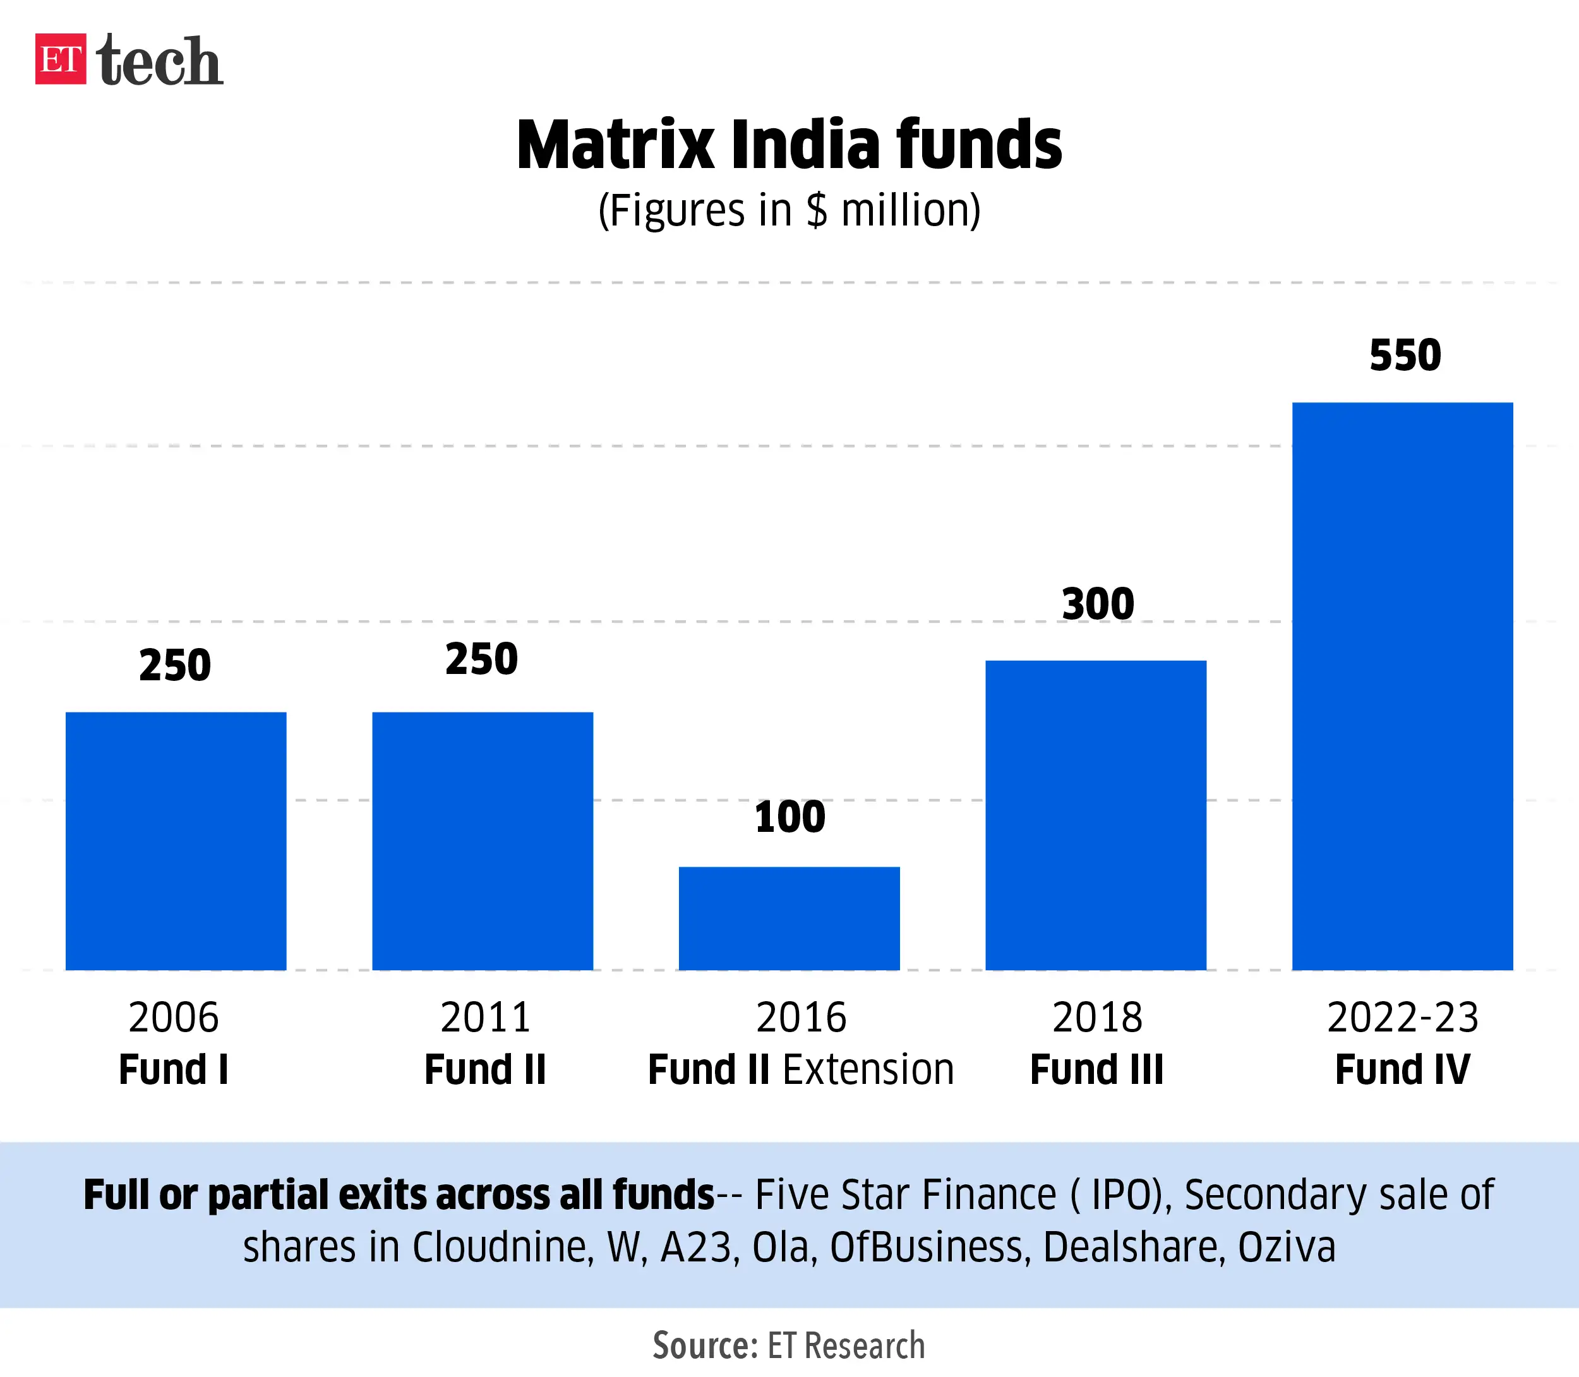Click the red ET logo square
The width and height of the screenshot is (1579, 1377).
pos(60,59)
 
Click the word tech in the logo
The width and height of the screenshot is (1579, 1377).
pos(160,61)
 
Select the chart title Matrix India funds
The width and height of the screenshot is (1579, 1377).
pos(789,145)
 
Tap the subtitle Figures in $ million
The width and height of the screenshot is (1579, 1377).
pos(789,210)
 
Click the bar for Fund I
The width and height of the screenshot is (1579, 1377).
pos(176,841)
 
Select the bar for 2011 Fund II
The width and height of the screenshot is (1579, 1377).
pos(483,841)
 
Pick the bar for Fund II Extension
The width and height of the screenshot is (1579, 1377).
pos(789,918)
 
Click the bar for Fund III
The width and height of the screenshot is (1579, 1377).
pos(1096,815)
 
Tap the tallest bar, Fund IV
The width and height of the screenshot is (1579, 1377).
pos(1402,686)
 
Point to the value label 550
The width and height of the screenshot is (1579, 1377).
pos(1405,356)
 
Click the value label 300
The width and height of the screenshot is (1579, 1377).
pos(1097,604)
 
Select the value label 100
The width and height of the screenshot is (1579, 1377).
pos(789,817)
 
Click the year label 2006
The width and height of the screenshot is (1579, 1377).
pos(174,1018)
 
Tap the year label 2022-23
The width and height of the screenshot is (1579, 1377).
pos(1402,1018)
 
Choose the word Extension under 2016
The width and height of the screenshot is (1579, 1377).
pos(868,1069)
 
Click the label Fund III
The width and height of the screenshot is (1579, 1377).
pos(1096,1069)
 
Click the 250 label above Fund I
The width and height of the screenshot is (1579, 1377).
pos(175,666)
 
